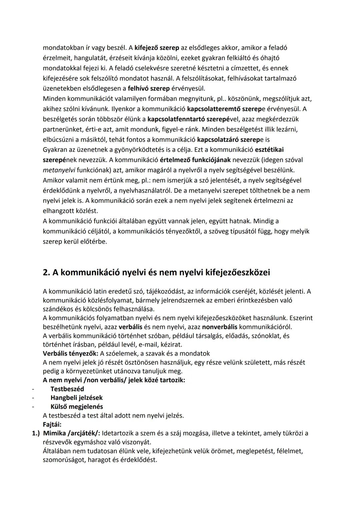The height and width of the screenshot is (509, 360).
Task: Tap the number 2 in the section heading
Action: [46, 273]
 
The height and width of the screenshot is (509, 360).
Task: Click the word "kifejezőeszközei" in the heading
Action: [235, 273]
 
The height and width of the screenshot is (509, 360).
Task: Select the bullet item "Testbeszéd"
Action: [67, 389]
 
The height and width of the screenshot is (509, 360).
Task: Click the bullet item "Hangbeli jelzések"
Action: [76, 398]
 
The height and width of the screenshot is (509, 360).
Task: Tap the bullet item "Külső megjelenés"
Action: [77, 407]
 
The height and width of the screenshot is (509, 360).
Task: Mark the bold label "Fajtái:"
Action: [52, 425]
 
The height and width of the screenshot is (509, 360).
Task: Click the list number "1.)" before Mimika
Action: [36, 433]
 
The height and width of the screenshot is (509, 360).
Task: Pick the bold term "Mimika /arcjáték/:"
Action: [72, 433]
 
